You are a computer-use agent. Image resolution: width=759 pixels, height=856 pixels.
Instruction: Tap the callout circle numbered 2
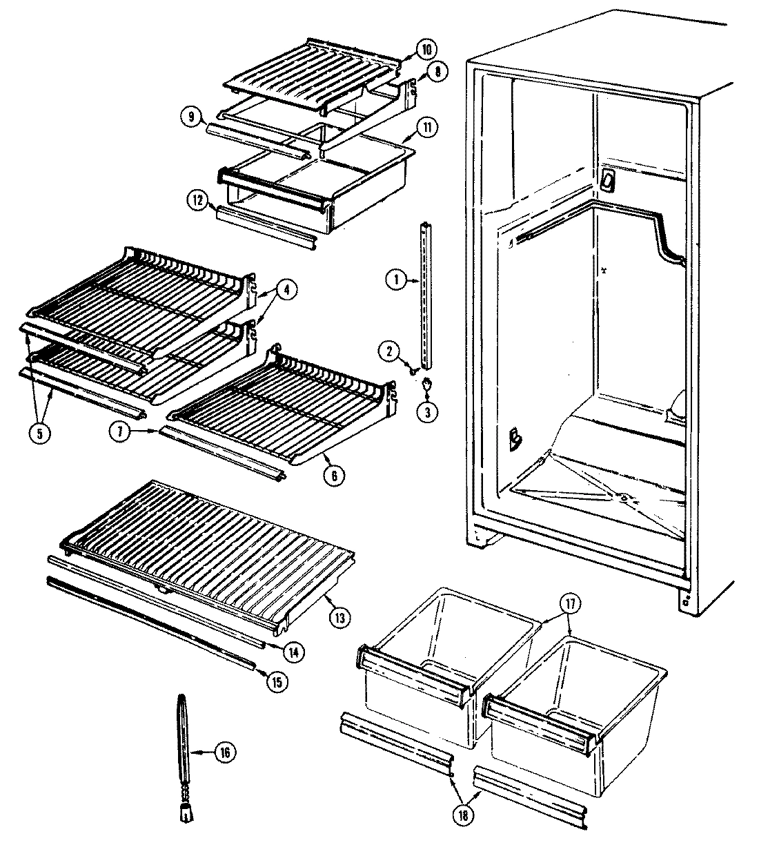tap(389, 352)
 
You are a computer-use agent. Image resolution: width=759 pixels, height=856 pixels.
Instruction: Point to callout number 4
tap(287, 290)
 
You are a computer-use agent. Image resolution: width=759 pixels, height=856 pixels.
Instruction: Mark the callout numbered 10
tap(426, 49)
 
